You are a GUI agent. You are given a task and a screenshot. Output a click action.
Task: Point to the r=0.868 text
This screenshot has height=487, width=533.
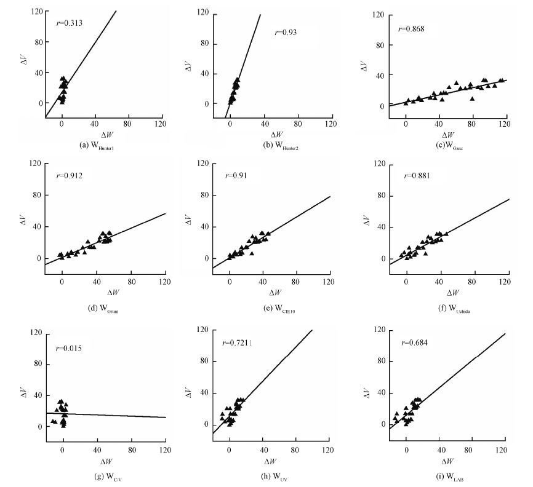coord(412,29)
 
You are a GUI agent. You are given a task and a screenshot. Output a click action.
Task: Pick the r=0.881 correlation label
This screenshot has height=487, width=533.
coord(415,176)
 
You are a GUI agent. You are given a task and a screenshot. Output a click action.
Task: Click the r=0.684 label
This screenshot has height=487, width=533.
coord(415,342)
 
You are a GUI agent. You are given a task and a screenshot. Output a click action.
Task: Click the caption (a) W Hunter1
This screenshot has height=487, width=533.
coord(99,145)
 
